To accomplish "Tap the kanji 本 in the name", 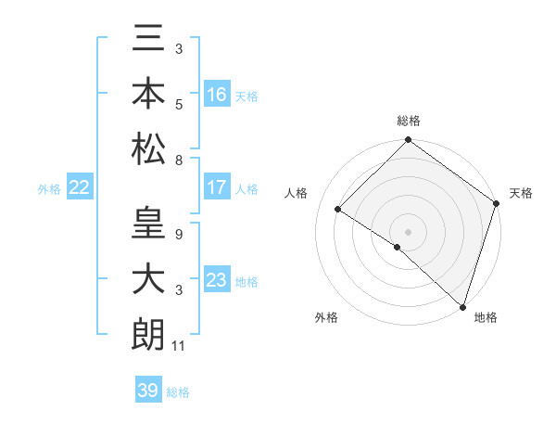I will point(148,95).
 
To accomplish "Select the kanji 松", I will point(148,147).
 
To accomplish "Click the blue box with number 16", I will point(217,95).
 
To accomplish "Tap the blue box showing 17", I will point(217,187).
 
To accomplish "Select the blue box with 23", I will point(217,280).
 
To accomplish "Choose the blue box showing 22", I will point(80,187).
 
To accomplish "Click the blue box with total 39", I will point(147,391).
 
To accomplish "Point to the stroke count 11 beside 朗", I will point(179,347).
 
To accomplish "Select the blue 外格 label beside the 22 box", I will point(49,189).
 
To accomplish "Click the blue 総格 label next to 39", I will point(178,392).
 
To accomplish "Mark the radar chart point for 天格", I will point(497,203).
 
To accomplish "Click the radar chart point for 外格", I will point(397,248).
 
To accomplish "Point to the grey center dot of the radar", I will point(408,231).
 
